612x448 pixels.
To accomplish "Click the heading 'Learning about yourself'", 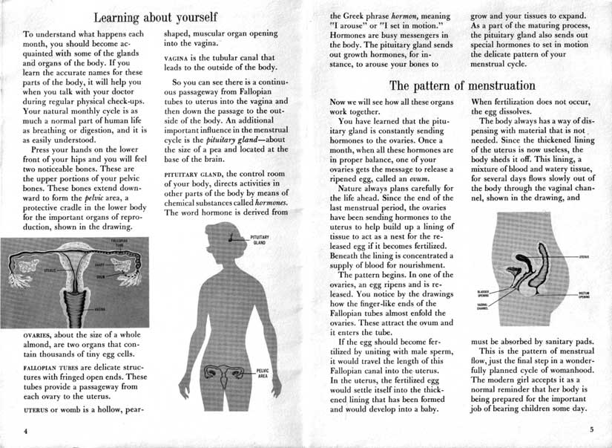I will click(155, 16).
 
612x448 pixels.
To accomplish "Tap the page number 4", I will click(25, 431).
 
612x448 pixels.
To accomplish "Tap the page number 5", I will click(591, 429).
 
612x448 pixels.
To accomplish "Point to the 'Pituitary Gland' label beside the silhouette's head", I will click(260, 239).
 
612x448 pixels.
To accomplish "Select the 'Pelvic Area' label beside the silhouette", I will click(262, 374).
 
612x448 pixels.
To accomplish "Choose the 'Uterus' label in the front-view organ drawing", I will click(50, 270).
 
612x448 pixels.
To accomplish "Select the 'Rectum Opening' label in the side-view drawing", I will click(583, 295).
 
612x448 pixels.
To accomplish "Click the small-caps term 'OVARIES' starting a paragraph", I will click(40, 336).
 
